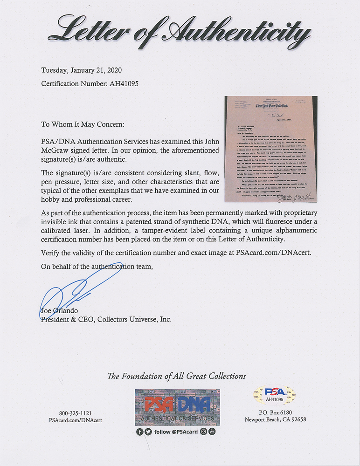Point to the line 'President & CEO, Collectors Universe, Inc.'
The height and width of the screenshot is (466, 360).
click(x=106, y=320)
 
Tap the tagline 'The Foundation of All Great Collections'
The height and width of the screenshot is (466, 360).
click(x=176, y=376)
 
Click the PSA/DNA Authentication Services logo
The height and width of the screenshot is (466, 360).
click(x=177, y=406)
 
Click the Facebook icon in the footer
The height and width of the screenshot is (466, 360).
click(x=140, y=432)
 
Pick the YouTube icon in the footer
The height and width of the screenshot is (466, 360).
click(x=212, y=432)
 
